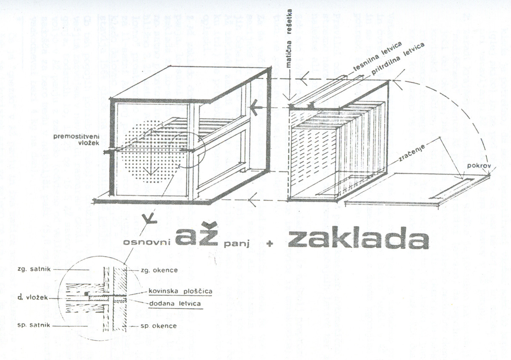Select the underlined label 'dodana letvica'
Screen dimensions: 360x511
click(175, 304)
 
